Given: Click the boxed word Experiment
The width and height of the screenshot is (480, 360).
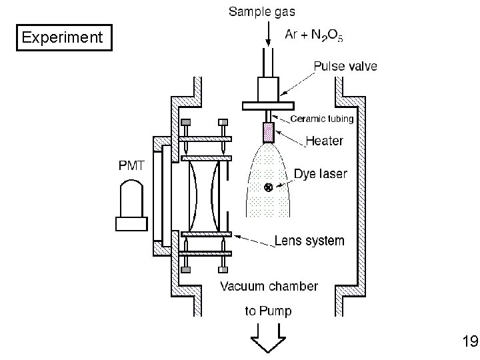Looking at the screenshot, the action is pyautogui.click(x=62, y=37).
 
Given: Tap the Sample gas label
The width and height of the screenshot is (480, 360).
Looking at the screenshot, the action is pyautogui.click(x=262, y=12).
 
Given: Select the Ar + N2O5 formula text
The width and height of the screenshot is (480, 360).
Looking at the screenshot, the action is pyautogui.click(x=314, y=35).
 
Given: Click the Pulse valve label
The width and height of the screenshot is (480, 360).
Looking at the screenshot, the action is pyautogui.click(x=345, y=66).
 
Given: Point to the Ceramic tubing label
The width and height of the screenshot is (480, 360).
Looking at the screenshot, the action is pyautogui.click(x=322, y=119).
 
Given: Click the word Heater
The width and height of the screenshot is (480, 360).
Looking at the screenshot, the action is pyautogui.click(x=325, y=141).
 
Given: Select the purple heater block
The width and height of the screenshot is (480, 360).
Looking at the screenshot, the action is pyautogui.click(x=269, y=133).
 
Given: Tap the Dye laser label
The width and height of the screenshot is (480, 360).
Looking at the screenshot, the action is pyautogui.click(x=321, y=174).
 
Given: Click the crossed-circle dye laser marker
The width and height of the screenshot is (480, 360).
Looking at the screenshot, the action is pyautogui.click(x=268, y=187).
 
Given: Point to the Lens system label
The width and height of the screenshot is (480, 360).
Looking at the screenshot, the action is pyautogui.click(x=309, y=241).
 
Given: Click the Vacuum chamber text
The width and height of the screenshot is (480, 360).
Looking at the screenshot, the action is pyautogui.click(x=269, y=287).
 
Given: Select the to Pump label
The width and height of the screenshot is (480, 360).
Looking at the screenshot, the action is pyautogui.click(x=268, y=311).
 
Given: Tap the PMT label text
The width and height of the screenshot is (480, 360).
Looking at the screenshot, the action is pyautogui.click(x=131, y=165).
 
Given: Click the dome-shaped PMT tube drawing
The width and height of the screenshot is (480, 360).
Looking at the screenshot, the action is pyautogui.click(x=131, y=199).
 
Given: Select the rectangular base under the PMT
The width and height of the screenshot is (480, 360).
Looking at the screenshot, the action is pyautogui.click(x=131, y=224).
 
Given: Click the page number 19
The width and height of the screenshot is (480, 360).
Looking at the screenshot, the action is pyautogui.click(x=470, y=341).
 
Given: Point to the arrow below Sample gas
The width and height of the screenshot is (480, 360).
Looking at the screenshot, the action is pyautogui.click(x=268, y=34).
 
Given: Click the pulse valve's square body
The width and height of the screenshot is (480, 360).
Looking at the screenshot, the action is pyautogui.click(x=268, y=89).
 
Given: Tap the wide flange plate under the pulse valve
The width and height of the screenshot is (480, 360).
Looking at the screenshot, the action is pyautogui.click(x=268, y=106).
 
